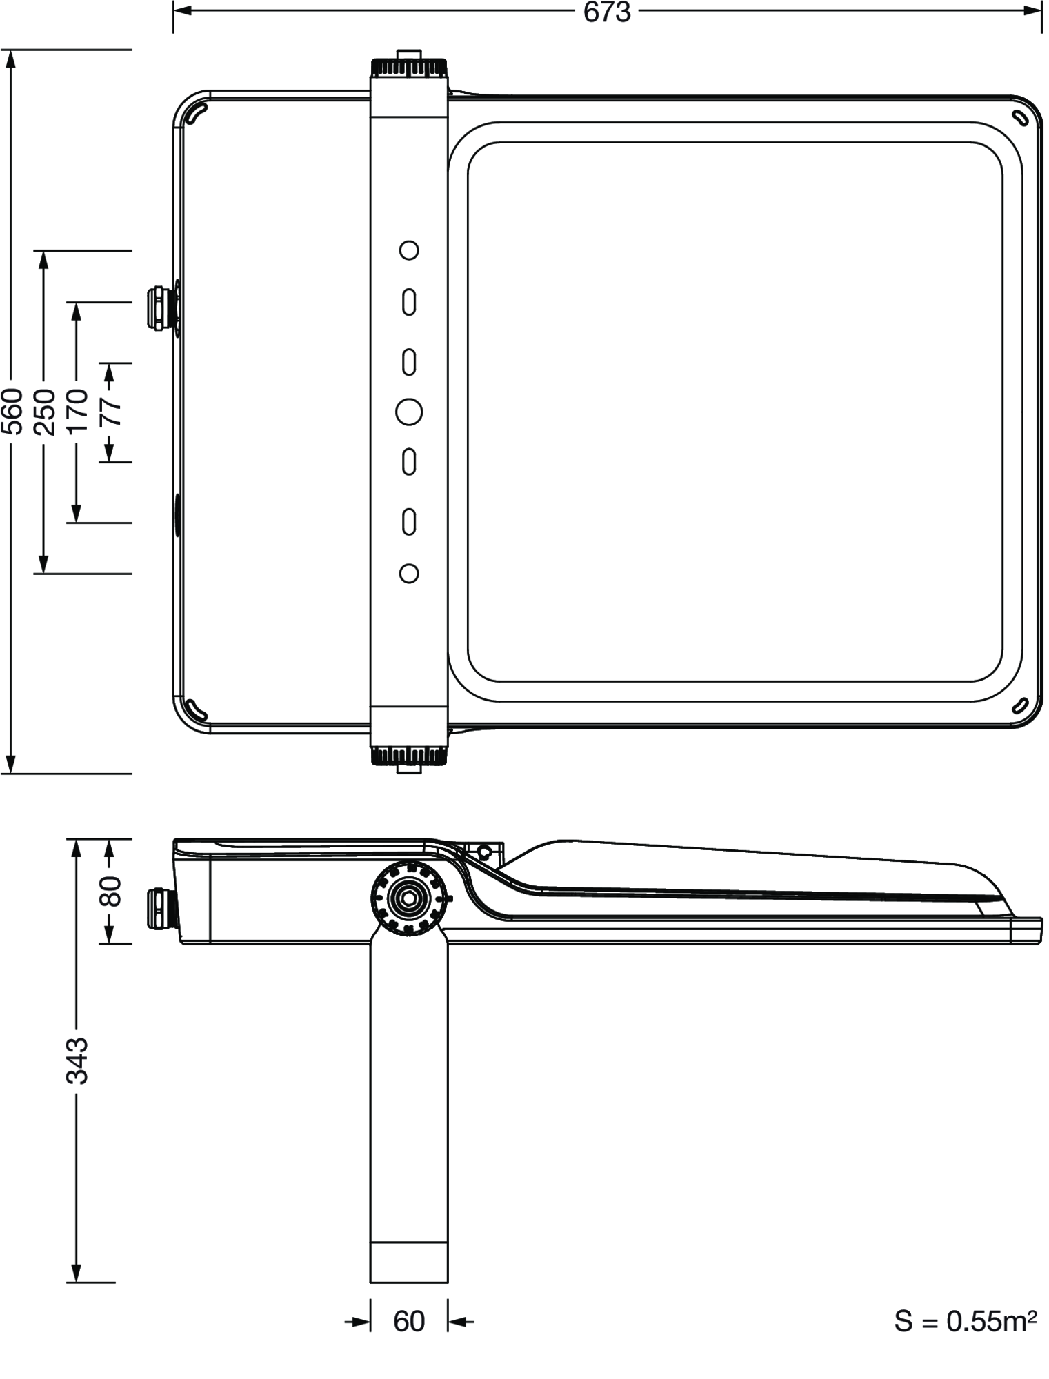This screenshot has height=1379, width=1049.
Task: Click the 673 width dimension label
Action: [606, 12]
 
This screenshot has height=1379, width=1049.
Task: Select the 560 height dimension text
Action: [12, 412]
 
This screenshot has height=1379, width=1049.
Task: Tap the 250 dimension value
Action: [44, 412]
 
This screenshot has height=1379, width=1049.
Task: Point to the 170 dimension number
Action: [77, 412]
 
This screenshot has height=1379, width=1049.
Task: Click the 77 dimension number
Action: [110, 412]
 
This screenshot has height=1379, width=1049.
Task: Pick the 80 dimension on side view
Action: [110, 891]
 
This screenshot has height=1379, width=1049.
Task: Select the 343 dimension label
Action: [77, 1060]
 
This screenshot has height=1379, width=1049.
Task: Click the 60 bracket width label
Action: [409, 1321]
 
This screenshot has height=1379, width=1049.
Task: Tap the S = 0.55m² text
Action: [965, 1321]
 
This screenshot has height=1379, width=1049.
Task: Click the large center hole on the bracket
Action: [409, 412]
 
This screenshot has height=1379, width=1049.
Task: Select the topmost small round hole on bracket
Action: [409, 250]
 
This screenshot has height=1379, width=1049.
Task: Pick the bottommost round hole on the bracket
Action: [409, 574]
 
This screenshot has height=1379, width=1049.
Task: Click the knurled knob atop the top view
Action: [409, 67]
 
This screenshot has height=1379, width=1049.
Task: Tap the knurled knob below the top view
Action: [409, 756]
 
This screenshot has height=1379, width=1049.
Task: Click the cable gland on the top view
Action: [160, 308]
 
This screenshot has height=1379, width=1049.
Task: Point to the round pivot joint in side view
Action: [409, 898]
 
